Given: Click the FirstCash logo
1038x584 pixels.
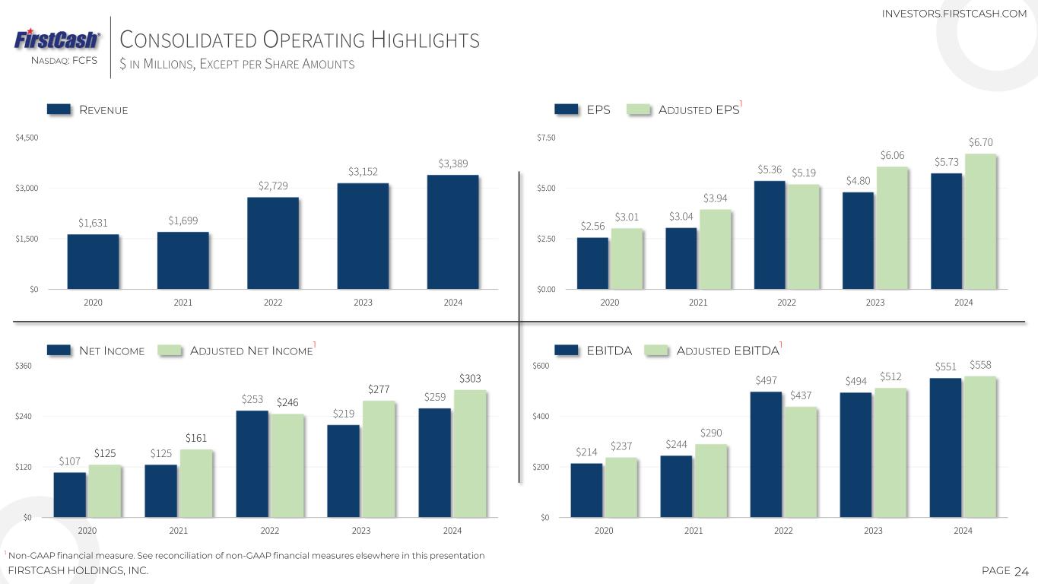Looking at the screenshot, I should pyautogui.click(x=57, y=40).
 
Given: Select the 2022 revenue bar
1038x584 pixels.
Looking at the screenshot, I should pyautogui.click(x=273, y=243).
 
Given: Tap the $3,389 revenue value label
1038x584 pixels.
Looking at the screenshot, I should pyautogui.click(x=453, y=163).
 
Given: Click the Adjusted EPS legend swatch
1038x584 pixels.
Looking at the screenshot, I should pyautogui.click(x=640, y=109).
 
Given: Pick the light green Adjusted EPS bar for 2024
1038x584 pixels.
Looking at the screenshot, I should pyautogui.click(x=979, y=221).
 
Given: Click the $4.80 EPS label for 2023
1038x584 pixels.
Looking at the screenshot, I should pyautogui.click(x=859, y=181).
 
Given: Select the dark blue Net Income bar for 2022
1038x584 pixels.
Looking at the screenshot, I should pyautogui.click(x=252, y=464).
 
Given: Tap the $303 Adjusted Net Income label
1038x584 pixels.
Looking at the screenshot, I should pyautogui.click(x=471, y=378).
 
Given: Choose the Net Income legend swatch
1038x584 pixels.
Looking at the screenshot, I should pyautogui.click(x=59, y=351).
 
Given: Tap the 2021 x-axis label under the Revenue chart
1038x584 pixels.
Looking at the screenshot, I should pyautogui.click(x=183, y=303).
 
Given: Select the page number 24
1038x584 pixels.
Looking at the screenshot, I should pyautogui.click(x=1021, y=571).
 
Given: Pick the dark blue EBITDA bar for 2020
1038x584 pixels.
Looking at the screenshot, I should pyautogui.click(x=586, y=490).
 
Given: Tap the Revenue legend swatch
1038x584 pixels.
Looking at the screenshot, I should pyautogui.click(x=59, y=109).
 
